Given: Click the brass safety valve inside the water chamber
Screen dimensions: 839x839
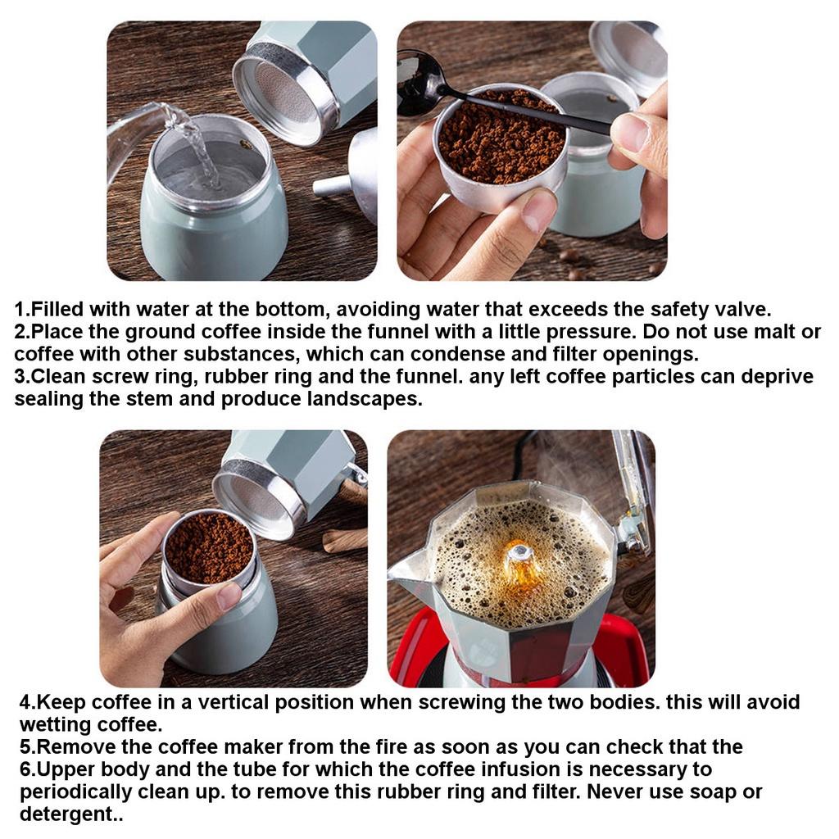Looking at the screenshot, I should click(244, 144).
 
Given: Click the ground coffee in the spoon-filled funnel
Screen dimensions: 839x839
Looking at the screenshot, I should click(501, 139).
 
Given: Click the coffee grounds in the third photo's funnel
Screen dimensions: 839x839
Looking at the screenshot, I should click(209, 547).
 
